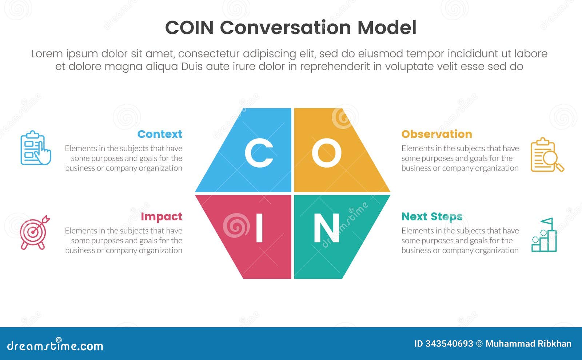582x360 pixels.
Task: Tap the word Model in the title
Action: [x=387, y=28]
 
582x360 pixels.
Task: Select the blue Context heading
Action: [x=160, y=134]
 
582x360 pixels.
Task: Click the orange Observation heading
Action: [x=436, y=134]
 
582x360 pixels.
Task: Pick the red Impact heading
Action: [x=161, y=216]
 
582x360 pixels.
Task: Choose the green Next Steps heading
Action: [x=432, y=216]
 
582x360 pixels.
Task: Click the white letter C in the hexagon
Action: [x=259, y=153]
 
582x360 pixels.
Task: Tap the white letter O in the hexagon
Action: [x=326, y=153]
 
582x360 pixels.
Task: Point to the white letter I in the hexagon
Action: [x=259, y=228]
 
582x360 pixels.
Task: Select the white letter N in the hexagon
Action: [x=326, y=228]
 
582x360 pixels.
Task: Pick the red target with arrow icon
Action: [x=34, y=232]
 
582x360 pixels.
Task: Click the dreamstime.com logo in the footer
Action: [x=55, y=345]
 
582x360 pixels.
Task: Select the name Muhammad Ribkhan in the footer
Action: [x=528, y=344]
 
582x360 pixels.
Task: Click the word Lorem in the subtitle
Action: [x=47, y=54]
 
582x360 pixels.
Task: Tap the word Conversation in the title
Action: [x=285, y=28]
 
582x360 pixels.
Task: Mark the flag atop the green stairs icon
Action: [x=547, y=221]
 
